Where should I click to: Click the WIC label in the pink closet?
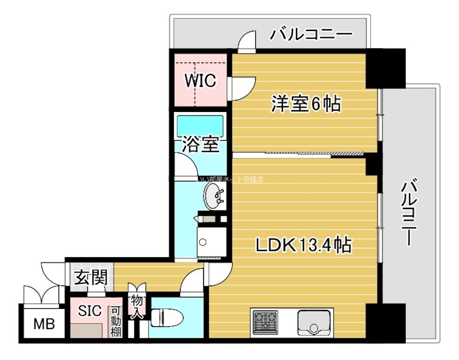(200, 81)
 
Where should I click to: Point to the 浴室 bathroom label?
(200, 144)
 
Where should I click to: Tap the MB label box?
(44, 324)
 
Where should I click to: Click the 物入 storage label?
(137, 307)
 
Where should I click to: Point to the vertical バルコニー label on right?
(408, 213)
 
